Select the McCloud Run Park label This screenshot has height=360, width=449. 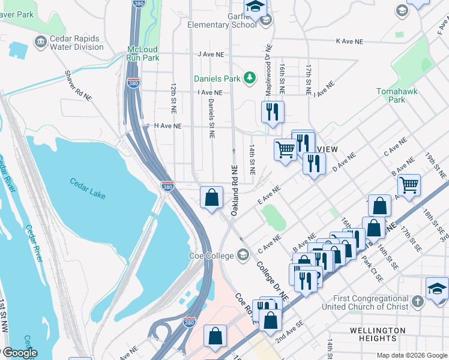point(143,54)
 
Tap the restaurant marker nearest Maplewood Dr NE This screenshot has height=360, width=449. point(273,111)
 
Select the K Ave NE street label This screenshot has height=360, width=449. point(350,41)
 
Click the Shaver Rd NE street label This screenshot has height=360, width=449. point(79,85)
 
